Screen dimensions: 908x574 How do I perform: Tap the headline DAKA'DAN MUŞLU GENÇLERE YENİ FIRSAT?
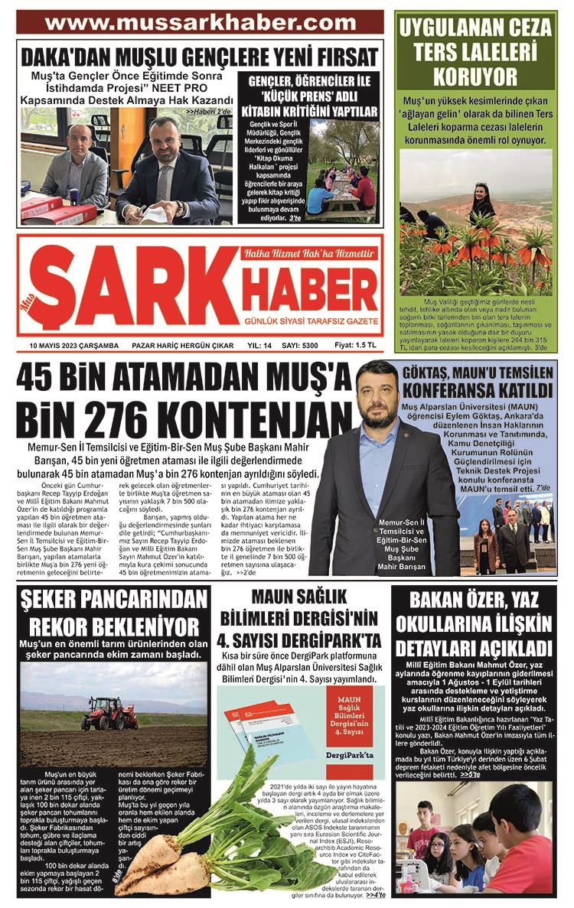[200, 56]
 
